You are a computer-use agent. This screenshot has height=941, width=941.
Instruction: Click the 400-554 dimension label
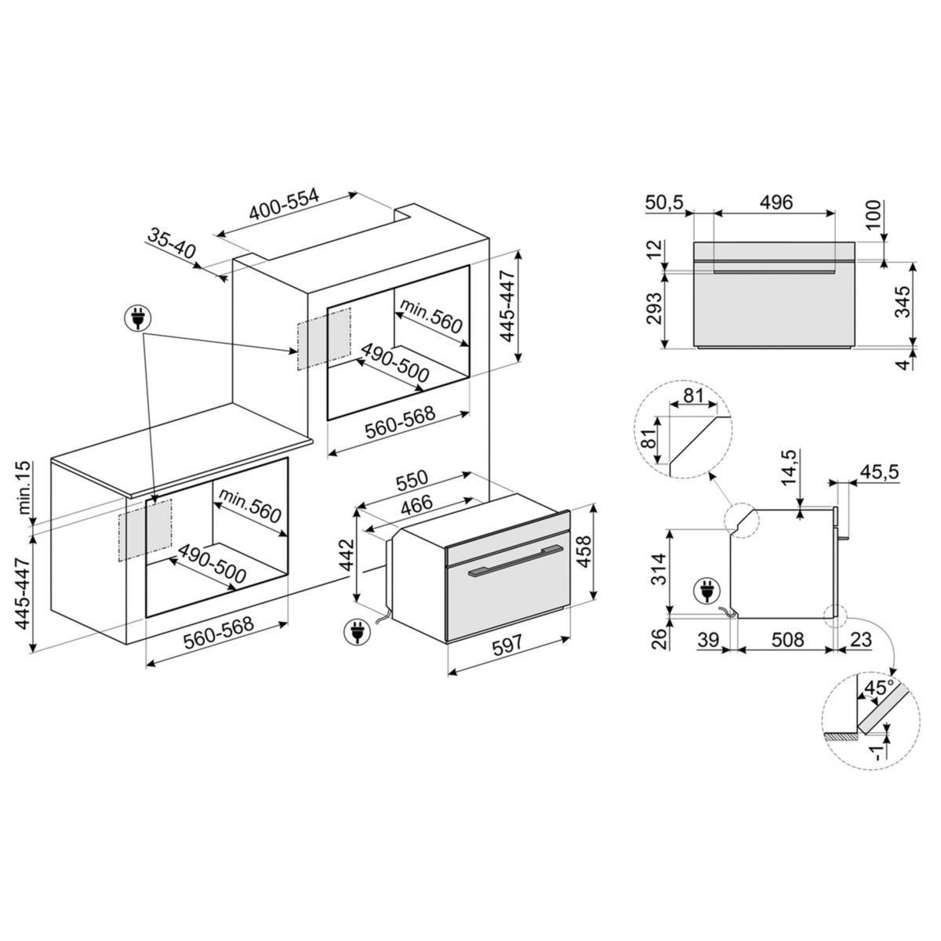pyautogui.click(x=285, y=205)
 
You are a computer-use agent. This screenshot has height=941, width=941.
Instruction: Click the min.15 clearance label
pyautogui.click(x=23, y=489)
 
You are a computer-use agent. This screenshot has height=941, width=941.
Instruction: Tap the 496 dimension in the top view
pyautogui.click(x=776, y=202)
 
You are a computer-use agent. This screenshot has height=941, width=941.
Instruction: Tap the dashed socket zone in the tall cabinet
pyautogui.click(x=324, y=338)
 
